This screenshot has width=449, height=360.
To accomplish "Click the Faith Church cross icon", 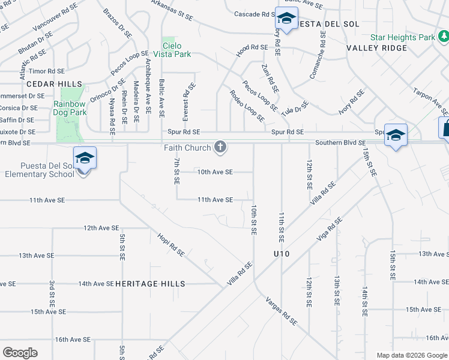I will coord(220,147).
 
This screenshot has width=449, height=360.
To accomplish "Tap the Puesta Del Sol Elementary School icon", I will coord(85,158).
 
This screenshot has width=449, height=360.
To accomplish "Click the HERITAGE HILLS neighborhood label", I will coord(150,284).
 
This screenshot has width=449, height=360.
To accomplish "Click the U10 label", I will coord(280,254).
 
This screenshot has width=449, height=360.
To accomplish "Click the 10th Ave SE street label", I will coord(215,172).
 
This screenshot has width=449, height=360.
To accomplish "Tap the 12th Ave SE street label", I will coord(101,229).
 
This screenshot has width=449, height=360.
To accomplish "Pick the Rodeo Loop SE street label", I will coord(247,106).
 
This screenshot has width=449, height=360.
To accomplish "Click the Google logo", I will coord(20,353).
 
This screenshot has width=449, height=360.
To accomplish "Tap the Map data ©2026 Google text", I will coord(412,355).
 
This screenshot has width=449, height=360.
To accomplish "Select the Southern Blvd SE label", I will coord(340,143).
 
